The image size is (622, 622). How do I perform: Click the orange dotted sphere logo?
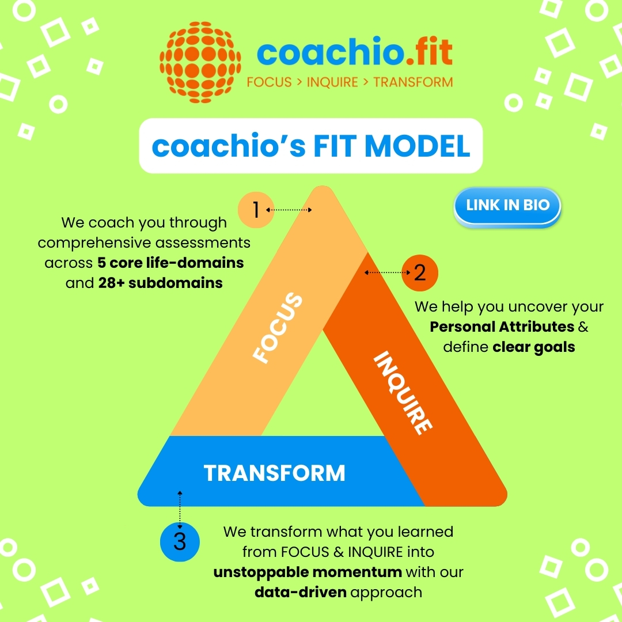click(200, 62)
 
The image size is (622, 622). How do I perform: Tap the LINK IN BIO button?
click(507, 206)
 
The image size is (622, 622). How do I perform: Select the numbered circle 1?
click(256, 210)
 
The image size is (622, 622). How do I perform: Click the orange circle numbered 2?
click(420, 272)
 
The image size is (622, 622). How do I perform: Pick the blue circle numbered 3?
click(180, 542)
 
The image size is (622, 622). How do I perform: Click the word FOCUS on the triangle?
click(278, 328)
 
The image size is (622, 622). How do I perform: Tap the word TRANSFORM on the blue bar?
click(275, 473)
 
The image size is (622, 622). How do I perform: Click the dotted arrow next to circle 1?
click(289, 210)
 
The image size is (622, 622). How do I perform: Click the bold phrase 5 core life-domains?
click(170, 263)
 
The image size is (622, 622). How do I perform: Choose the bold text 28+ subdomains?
click(161, 283)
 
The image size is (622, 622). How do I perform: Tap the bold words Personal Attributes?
click(502, 327)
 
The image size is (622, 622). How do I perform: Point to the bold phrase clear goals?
click(534, 347)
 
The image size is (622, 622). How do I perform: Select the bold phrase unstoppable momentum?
click(308, 572)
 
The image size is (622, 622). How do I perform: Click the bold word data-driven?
click(300, 592)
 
